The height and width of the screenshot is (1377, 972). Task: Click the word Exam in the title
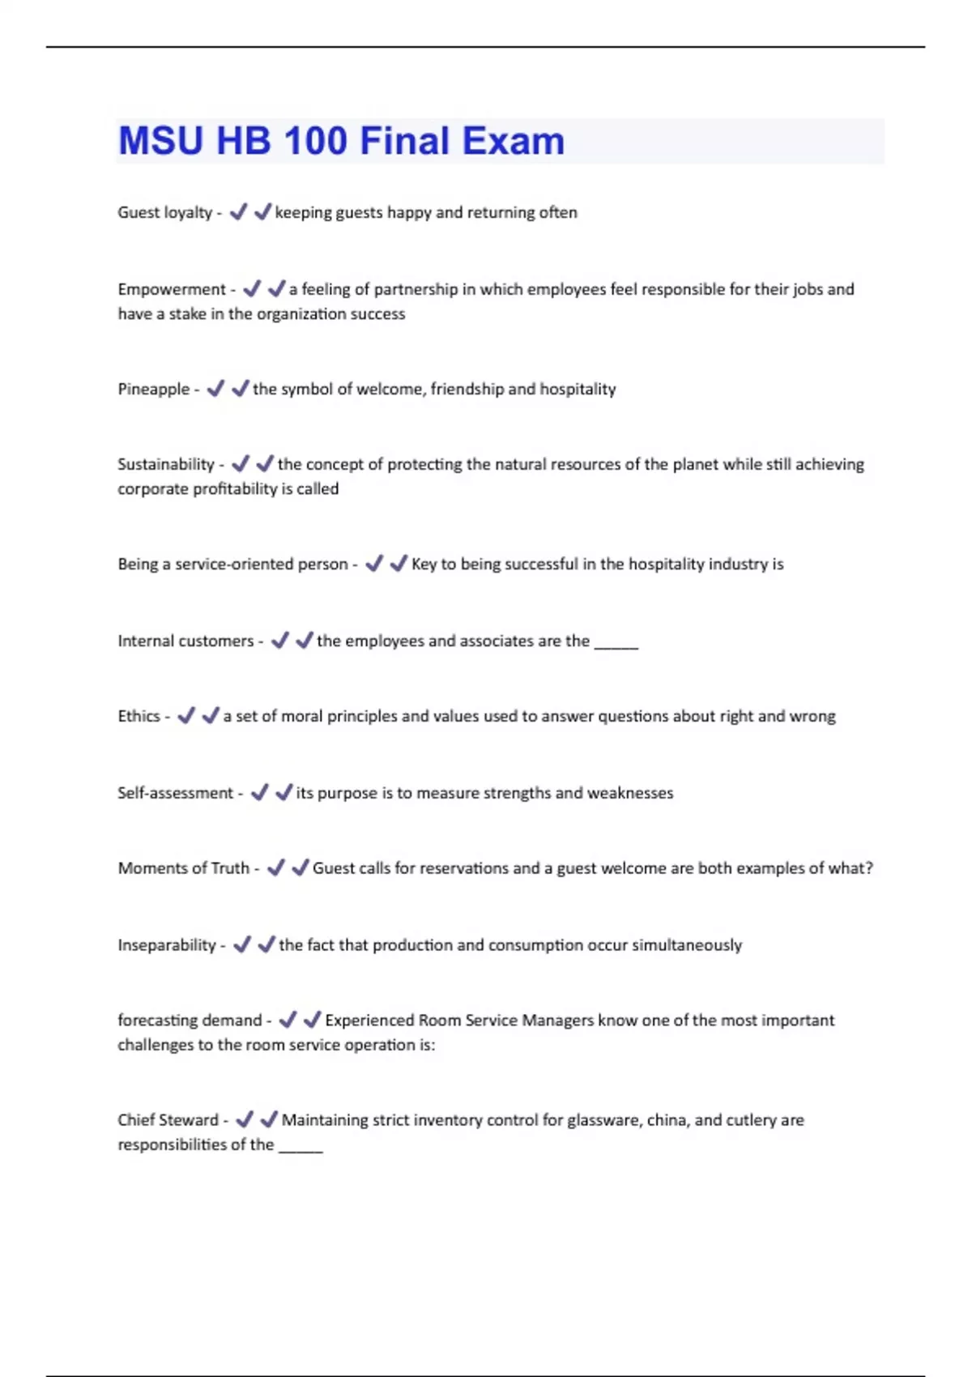click(514, 141)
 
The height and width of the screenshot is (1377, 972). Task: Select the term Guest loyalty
click(164, 212)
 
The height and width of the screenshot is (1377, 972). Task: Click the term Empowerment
click(172, 289)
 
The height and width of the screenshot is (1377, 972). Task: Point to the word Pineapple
click(153, 389)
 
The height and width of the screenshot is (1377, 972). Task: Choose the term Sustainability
click(165, 464)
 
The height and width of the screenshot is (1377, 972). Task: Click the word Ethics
click(139, 716)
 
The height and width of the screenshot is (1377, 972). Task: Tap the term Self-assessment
click(175, 793)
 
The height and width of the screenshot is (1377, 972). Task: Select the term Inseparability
click(167, 945)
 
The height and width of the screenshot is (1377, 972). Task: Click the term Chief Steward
click(168, 1120)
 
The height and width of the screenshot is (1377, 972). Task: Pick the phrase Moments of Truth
click(183, 868)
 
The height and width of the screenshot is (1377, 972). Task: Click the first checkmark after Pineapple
click(215, 389)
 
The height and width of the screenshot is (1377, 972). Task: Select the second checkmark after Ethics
click(211, 716)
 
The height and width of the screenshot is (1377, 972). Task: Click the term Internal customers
click(185, 641)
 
